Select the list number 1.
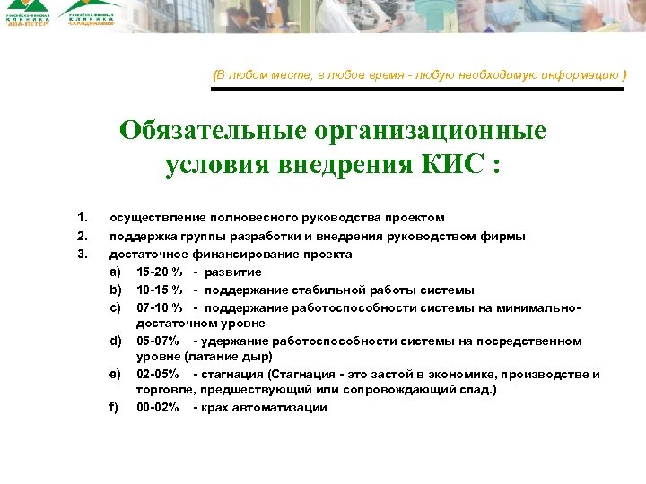(82, 218)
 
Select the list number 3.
(82, 254)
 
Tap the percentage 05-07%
(158, 341)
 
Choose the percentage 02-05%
(158, 374)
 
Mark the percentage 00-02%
(158, 408)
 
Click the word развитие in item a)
(232, 272)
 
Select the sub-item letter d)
(115, 341)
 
